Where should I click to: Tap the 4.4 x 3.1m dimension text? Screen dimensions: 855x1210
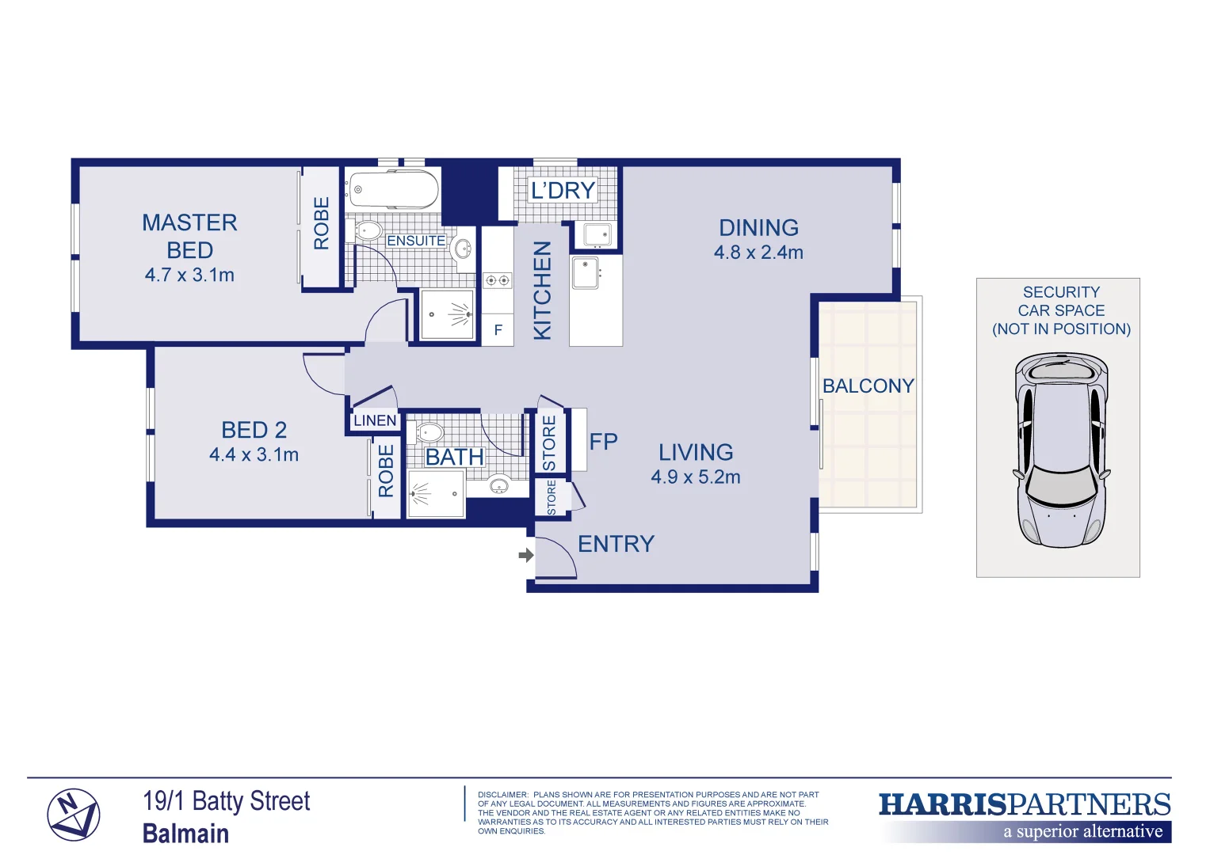coord(254,455)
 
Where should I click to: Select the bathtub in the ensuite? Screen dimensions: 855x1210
coord(392,189)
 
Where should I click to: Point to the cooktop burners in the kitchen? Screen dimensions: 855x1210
coord(497,280)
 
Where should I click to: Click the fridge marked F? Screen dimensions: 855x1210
coord(498,330)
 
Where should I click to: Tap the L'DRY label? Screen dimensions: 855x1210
coord(563,191)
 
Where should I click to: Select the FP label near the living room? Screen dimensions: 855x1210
coord(603,442)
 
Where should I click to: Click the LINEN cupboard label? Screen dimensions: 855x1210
coord(375,421)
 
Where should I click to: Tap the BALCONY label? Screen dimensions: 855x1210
coord(868,386)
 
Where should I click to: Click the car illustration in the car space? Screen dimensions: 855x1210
coord(1060,450)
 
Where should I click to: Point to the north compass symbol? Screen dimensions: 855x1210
coord(73,815)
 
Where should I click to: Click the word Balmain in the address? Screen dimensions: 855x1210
coord(185,834)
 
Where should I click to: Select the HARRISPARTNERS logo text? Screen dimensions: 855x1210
coord(1024,805)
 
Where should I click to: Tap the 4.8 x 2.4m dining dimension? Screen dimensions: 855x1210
coord(758,253)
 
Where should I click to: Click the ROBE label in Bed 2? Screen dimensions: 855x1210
coord(386,471)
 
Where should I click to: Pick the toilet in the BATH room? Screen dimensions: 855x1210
coord(429,433)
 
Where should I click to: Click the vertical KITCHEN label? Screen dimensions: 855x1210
coord(542,291)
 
